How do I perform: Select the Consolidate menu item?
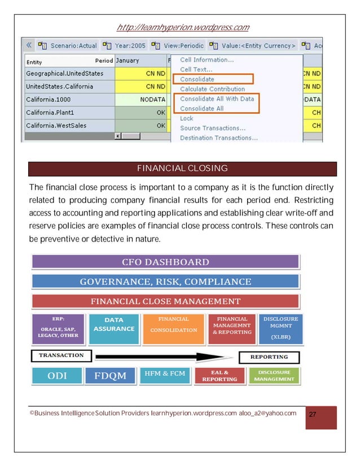[x=197, y=80]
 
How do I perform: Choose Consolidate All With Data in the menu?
[x=217, y=99]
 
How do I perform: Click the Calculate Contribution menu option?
[x=212, y=89]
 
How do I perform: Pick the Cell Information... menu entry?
[x=207, y=60]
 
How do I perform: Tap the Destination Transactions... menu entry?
[x=219, y=138]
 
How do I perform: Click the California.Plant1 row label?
[x=54, y=112]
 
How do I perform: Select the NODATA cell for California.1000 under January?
[x=141, y=99]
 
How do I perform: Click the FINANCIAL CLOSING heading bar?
[x=182, y=169]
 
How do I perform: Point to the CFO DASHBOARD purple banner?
[x=165, y=262]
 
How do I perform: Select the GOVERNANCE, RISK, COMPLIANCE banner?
[x=165, y=282]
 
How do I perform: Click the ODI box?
[x=56, y=376]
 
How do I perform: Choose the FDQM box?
[x=110, y=376]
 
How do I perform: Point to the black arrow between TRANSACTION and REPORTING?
[x=164, y=357]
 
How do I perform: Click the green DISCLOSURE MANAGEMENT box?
[x=274, y=376]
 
